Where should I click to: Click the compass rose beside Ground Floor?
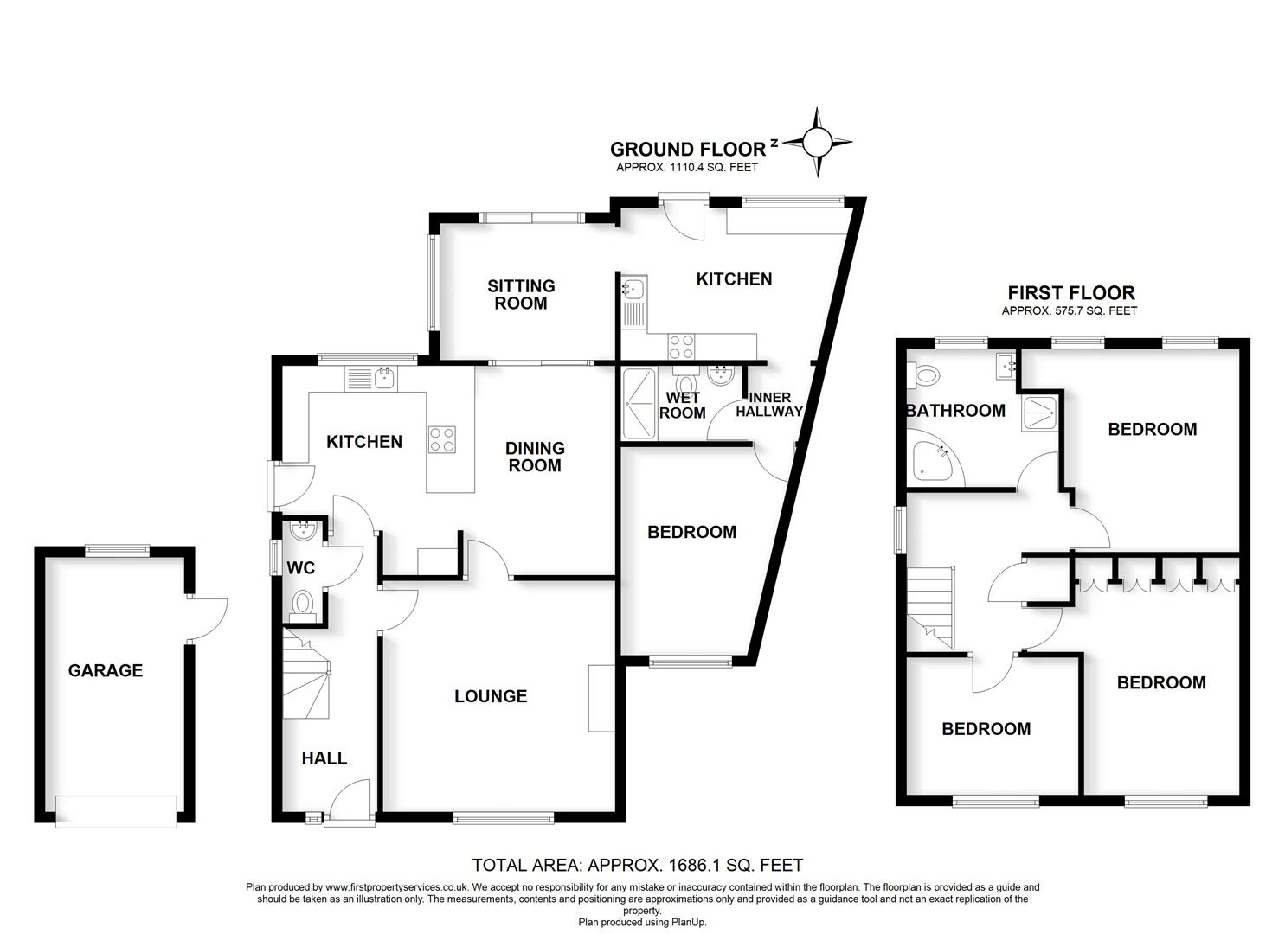(x=816, y=142)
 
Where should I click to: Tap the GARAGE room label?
(x=106, y=670)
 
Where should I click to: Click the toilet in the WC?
(x=302, y=603)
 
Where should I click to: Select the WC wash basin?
(x=304, y=531)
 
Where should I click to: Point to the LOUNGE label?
(x=491, y=696)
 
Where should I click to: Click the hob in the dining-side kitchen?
(x=441, y=439)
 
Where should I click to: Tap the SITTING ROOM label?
(x=521, y=294)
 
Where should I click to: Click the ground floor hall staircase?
(x=306, y=675)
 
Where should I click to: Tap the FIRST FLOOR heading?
(x=1071, y=293)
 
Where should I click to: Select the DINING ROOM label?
(x=535, y=457)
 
